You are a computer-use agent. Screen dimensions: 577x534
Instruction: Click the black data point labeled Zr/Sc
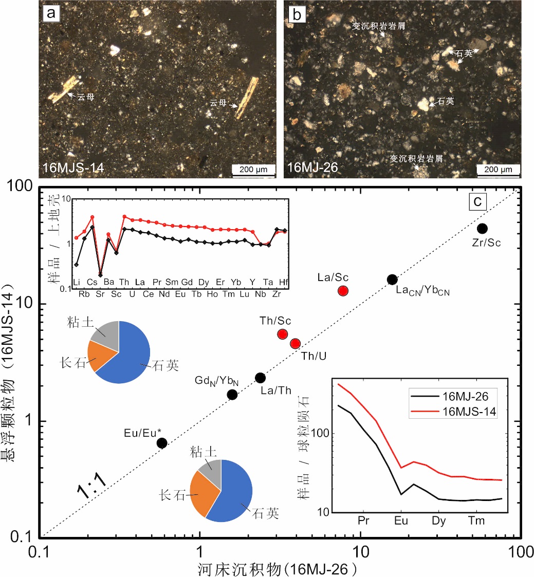pos(482,228)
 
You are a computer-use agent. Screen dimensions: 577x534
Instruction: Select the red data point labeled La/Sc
pos(343,291)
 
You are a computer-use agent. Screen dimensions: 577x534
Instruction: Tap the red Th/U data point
pos(295,344)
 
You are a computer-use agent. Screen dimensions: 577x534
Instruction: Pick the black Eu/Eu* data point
pos(162,443)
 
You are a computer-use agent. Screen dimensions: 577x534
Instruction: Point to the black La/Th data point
pos(260,378)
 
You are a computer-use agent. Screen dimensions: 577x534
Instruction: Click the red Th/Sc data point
pos(282,334)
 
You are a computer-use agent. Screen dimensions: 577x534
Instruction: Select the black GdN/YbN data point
pos(232,395)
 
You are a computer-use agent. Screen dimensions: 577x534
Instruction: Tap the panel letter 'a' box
pos(51,14)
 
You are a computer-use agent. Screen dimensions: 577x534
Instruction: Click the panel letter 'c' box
pos(477,202)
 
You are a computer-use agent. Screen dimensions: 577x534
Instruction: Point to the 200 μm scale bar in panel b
pos(499,169)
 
